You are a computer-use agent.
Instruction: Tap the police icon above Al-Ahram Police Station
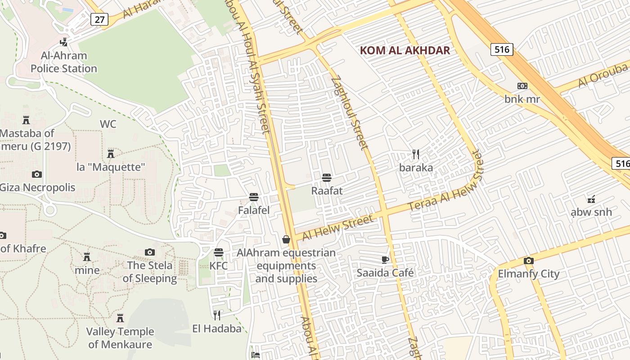pos(64,42)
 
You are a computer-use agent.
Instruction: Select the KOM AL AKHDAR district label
pos(405,50)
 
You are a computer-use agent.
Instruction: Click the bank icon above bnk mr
pos(522,85)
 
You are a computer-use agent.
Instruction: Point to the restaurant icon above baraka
pos(416,154)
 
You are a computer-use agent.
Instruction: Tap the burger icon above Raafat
pos(327,177)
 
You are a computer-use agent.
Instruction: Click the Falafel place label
pos(254,210)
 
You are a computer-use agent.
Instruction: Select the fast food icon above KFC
pos(219,252)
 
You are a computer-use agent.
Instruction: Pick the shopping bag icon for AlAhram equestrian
pos(286,239)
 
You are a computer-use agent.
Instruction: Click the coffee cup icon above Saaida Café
pos(385,260)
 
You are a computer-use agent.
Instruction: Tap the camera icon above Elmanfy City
pos(528,261)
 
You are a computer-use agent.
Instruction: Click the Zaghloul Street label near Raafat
pos(350,112)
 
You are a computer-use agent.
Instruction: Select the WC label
pos(108,124)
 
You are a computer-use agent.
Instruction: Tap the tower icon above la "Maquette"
pos(111,154)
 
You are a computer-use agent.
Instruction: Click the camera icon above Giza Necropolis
pos(37,174)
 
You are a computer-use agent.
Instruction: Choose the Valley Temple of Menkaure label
pos(120,338)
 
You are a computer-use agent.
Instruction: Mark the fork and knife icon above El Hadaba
pos(217,315)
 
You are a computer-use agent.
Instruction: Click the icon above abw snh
pos(591,198)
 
